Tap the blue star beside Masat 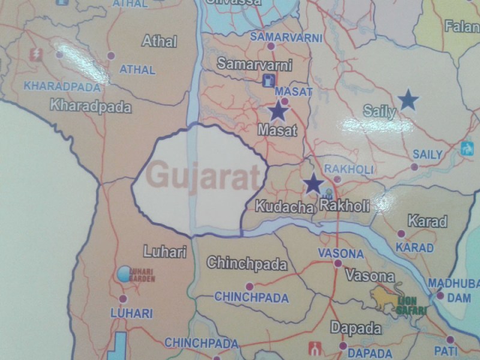278,111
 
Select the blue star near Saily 408,100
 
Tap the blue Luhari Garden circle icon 124,274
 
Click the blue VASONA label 340,253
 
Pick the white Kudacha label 285,208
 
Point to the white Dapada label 355,329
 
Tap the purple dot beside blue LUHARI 123,299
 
